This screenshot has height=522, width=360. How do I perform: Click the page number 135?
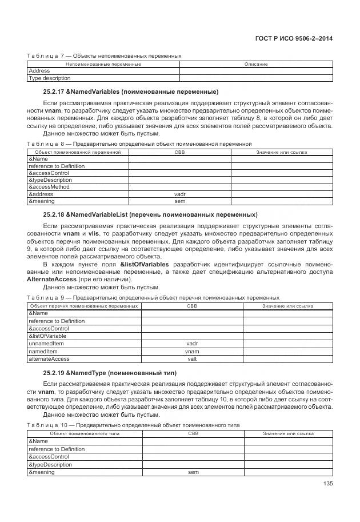point(327,483)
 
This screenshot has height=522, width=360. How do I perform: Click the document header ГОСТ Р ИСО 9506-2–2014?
point(294,38)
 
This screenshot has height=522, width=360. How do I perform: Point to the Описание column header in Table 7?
point(256,64)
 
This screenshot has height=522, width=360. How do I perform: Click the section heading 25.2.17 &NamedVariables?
point(131,91)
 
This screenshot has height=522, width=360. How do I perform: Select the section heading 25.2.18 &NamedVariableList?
point(150,214)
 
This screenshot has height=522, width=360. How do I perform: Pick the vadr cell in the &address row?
point(179,194)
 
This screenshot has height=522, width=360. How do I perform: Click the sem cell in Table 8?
point(179,201)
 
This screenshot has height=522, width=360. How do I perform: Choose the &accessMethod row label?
point(49,187)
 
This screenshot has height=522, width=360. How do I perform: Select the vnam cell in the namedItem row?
point(192,351)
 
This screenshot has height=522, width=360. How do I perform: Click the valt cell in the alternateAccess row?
point(192,358)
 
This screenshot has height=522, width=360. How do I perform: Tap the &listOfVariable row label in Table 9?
point(48,336)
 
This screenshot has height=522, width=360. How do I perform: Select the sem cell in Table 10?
point(193,472)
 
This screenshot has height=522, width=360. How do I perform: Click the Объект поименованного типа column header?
point(85,434)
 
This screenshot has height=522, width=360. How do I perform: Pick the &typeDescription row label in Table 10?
point(50,465)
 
